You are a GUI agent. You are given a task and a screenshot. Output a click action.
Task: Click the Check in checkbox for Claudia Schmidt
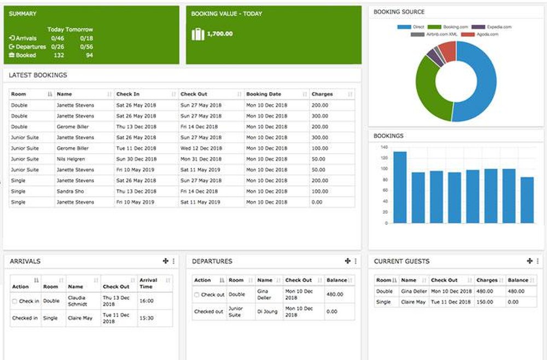click(15, 301)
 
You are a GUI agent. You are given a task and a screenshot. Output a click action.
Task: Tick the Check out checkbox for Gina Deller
click(197, 295)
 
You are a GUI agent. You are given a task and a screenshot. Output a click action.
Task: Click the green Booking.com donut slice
click(429, 90)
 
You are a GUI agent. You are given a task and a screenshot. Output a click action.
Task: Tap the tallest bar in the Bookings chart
click(400, 187)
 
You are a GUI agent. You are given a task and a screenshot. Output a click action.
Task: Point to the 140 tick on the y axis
click(383, 148)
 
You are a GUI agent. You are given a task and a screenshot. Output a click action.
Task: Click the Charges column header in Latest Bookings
click(322, 94)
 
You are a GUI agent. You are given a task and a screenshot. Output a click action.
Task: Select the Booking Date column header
click(264, 94)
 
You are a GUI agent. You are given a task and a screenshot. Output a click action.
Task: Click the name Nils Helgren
click(71, 159)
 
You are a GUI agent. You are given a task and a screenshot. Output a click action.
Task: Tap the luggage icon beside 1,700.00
click(197, 34)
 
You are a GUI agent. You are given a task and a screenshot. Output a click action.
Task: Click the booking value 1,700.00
click(220, 34)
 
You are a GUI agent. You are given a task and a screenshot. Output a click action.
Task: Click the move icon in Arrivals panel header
click(165, 262)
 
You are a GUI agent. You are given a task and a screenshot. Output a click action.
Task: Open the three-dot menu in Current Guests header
click(538, 262)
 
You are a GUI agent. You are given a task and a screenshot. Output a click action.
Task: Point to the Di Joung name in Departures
click(265, 311)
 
